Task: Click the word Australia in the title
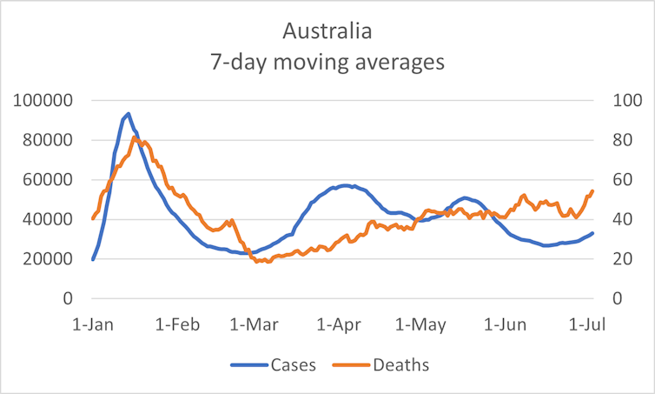pyautogui.click(x=327, y=32)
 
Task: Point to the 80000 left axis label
pyautogui.click(x=48, y=140)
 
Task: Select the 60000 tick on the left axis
pyautogui.click(x=48, y=180)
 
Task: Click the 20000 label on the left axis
pyautogui.click(x=48, y=259)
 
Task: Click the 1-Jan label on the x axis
pyautogui.click(x=92, y=324)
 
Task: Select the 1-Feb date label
pyautogui.click(x=178, y=324)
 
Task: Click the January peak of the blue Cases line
pyautogui.click(x=129, y=114)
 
